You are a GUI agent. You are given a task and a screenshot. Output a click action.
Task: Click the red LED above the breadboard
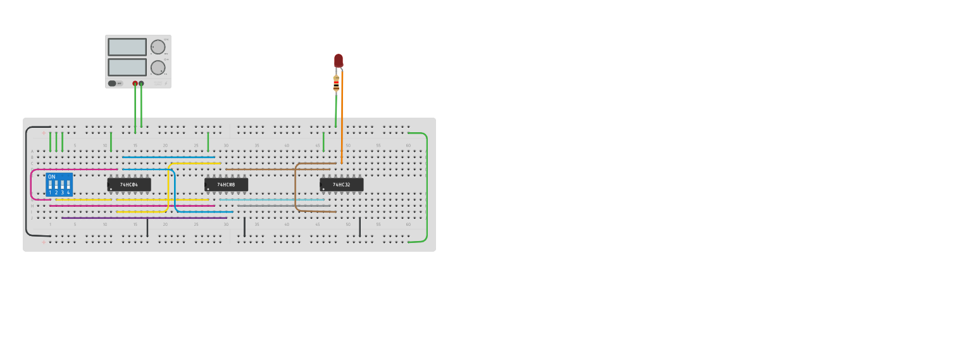pos(339,60)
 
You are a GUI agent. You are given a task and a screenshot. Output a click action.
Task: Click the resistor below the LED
pos(336,83)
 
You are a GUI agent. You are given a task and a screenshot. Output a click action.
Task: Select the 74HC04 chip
pos(129,185)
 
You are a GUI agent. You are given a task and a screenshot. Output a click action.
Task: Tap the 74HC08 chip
pos(226,185)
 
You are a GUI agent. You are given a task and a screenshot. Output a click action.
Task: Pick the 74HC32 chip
pos(342,185)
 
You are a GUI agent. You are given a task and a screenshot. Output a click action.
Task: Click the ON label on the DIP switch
pos(51,177)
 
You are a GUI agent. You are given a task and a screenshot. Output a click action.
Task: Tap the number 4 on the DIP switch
pos(68,192)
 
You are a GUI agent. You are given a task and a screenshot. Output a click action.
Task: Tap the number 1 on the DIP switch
pos(50,192)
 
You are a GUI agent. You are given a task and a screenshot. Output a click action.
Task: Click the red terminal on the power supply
pos(135,84)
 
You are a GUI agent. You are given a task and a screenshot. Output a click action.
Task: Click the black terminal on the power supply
pos(141,84)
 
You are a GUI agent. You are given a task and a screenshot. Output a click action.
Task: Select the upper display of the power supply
pos(127,47)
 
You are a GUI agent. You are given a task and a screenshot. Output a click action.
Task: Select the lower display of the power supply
pos(127,67)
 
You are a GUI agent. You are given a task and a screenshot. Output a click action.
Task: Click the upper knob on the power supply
pos(158,47)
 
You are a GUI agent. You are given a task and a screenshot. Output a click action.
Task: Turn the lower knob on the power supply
pos(158,67)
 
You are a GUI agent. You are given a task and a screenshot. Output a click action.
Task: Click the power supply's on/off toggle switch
pos(113,84)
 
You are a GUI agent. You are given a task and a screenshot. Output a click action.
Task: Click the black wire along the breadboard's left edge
pos(27,183)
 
